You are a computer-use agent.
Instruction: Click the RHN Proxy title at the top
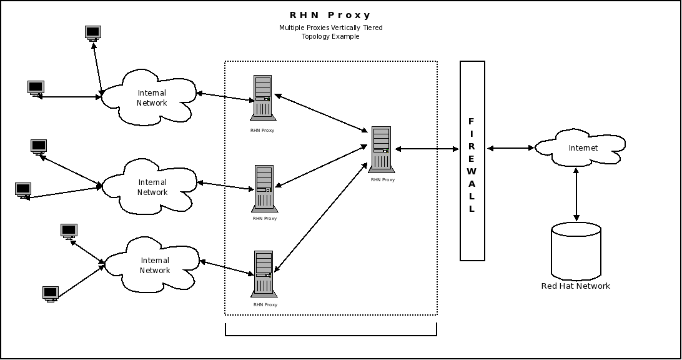pos(330,15)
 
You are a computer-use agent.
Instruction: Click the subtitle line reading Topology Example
pos(330,37)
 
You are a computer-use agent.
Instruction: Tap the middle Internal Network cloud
pos(151,187)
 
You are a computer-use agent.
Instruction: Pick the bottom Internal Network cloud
pos(154,265)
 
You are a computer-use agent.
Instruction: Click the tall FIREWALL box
pos(472,161)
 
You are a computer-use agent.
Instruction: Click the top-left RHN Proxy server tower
pos(262,98)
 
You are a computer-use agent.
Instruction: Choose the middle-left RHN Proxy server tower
pos(264,188)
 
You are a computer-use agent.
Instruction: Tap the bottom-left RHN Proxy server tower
pos(263,274)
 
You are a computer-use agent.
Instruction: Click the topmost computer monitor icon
pos(93,32)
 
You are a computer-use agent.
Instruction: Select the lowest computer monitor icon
pos(51,293)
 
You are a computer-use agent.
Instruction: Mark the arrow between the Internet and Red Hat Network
pos(576,195)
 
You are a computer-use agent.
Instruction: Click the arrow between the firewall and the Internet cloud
pos(510,148)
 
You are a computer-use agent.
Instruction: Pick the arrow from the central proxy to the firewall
pos(427,149)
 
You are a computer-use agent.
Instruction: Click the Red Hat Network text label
pos(575,286)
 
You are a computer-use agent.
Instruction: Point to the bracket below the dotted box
pos(330,335)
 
